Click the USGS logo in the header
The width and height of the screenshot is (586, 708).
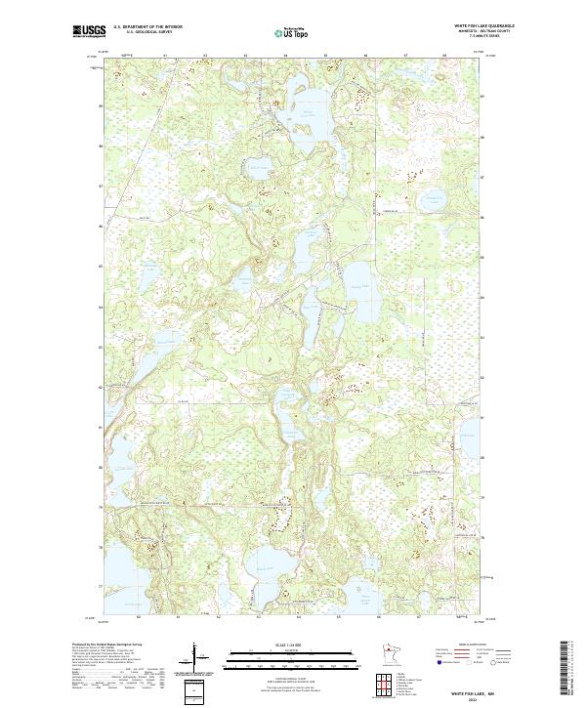click(x=89, y=31)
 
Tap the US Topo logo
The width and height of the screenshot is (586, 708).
click(x=292, y=32)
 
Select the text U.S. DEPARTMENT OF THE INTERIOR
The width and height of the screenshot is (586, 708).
click(x=148, y=27)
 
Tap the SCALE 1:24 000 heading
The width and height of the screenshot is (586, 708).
click(x=292, y=645)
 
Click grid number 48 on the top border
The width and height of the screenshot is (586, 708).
click(x=445, y=57)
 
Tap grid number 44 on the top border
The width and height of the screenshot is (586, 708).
click(x=285, y=57)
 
